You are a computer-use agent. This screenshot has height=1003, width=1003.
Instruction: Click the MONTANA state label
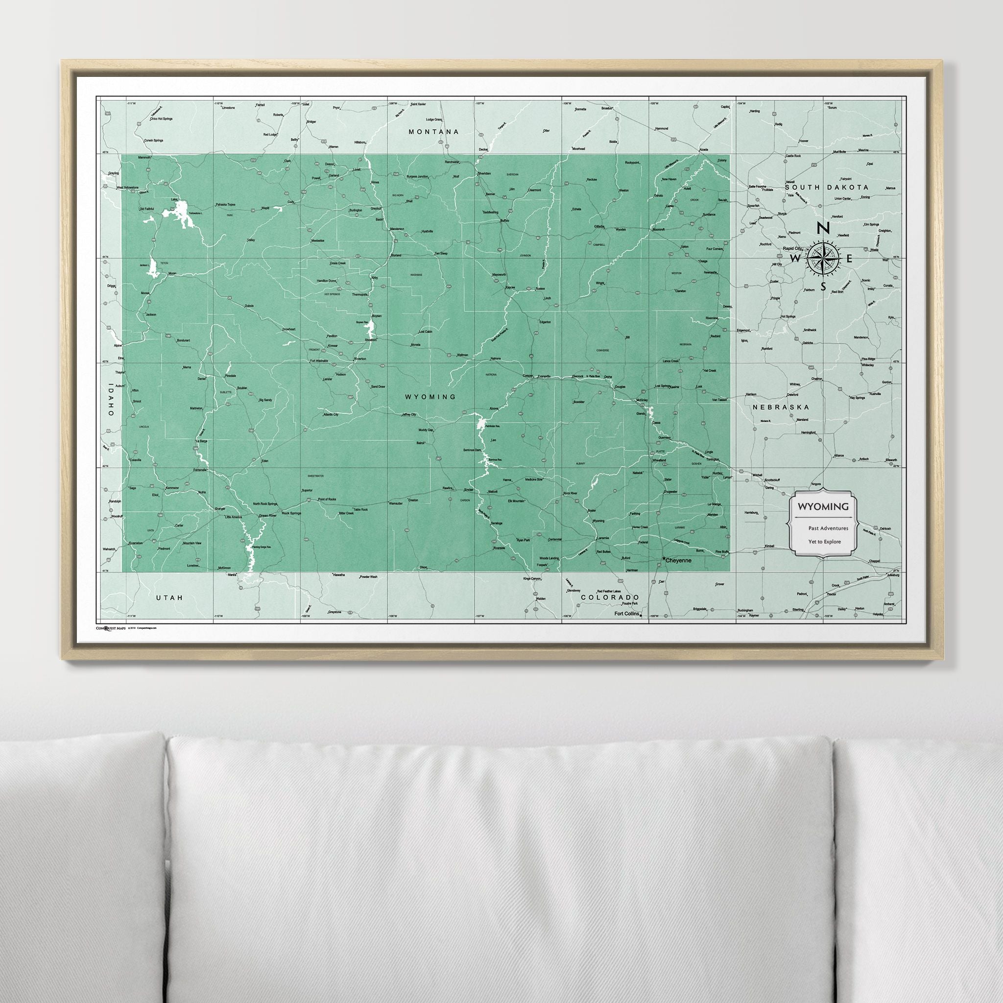click(x=434, y=132)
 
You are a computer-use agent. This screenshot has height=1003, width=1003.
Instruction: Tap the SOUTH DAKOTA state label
click(x=827, y=187)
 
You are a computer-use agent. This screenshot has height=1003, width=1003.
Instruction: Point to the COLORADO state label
click(x=609, y=597)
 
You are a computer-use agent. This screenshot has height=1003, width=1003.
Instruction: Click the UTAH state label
click(x=170, y=597)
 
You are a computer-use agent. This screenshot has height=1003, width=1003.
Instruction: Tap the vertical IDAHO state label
click(x=111, y=400)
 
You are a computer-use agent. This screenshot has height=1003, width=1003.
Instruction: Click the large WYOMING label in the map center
click(x=430, y=397)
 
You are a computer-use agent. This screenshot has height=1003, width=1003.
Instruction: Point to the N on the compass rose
click(x=822, y=228)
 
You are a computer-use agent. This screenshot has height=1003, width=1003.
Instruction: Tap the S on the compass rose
click(x=823, y=287)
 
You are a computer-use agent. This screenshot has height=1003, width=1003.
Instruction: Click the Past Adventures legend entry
click(x=828, y=528)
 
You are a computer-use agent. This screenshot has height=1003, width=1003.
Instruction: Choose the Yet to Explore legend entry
click(x=824, y=542)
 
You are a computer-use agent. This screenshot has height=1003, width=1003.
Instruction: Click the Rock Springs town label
click(x=291, y=513)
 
